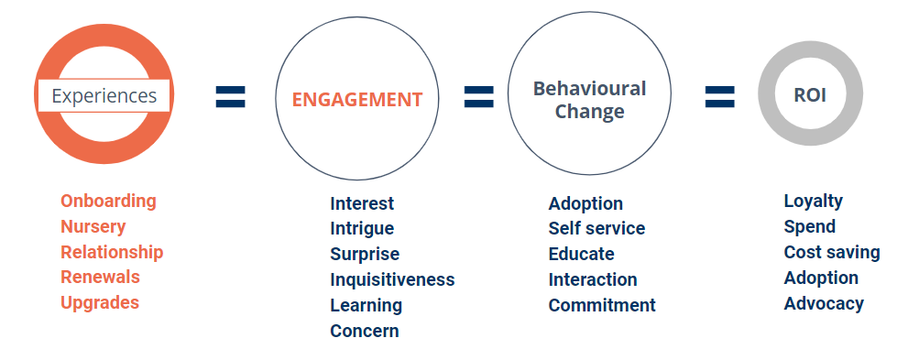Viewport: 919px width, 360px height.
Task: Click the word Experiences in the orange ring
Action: click(x=104, y=95)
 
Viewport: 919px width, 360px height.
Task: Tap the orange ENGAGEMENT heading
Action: click(x=357, y=100)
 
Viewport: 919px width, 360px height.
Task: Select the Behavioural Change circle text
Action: click(x=589, y=100)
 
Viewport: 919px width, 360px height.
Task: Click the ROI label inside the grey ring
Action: click(x=810, y=95)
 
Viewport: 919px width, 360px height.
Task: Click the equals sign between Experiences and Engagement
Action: click(x=230, y=97)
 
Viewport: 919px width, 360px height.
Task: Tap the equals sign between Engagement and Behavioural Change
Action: click(x=479, y=97)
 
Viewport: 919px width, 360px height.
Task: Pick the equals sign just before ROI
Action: click(x=720, y=97)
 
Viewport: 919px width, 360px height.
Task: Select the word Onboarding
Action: click(x=108, y=202)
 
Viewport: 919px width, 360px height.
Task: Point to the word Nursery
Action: click(x=93, y=226)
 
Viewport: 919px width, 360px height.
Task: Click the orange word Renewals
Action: click(x=100, y=277)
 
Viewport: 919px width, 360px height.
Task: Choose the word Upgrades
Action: click(x=100, y=302)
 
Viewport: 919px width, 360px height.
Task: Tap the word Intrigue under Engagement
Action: click(x=362, y=229)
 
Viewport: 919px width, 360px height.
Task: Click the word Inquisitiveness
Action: click(x=392, y=279)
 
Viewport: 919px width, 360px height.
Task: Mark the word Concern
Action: click(x=364, y=331)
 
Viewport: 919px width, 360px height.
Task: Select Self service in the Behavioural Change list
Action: click(x=596, y=228)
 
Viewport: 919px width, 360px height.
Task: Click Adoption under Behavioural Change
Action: click(x=585, y=204)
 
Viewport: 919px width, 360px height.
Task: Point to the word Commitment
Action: click(x=602, y=305)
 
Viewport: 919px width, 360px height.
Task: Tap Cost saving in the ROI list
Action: click(x=832, y=253)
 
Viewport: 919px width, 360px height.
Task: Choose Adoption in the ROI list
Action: click(x=821, y=278)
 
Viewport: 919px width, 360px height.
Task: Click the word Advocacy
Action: click(x=824, y=304)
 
